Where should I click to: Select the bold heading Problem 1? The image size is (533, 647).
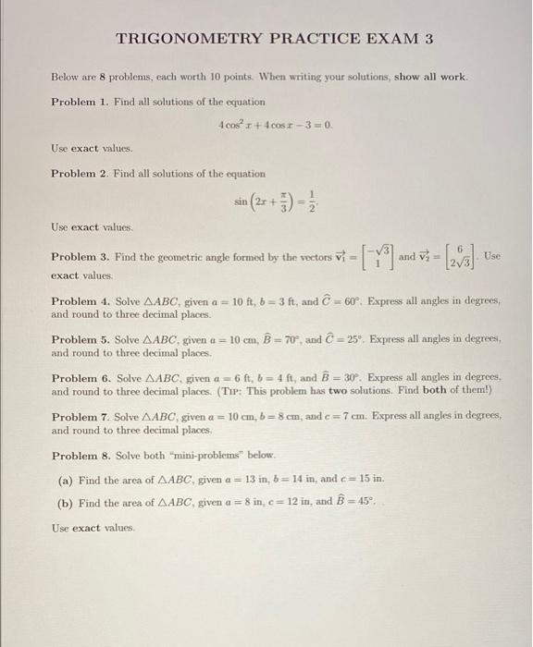point(80,101)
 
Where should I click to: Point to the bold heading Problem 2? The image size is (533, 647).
point(80,173)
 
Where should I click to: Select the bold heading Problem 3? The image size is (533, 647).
point(80,256)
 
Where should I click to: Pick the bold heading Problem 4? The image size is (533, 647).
point(80,301)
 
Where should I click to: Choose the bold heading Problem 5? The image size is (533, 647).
point(80,339)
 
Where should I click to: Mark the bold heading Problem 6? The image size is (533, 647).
point(80,377)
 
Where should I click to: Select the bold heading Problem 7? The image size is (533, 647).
point(80,417)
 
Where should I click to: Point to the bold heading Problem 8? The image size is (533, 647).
point(80,456)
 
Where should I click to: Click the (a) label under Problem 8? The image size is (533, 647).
point(67,479)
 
